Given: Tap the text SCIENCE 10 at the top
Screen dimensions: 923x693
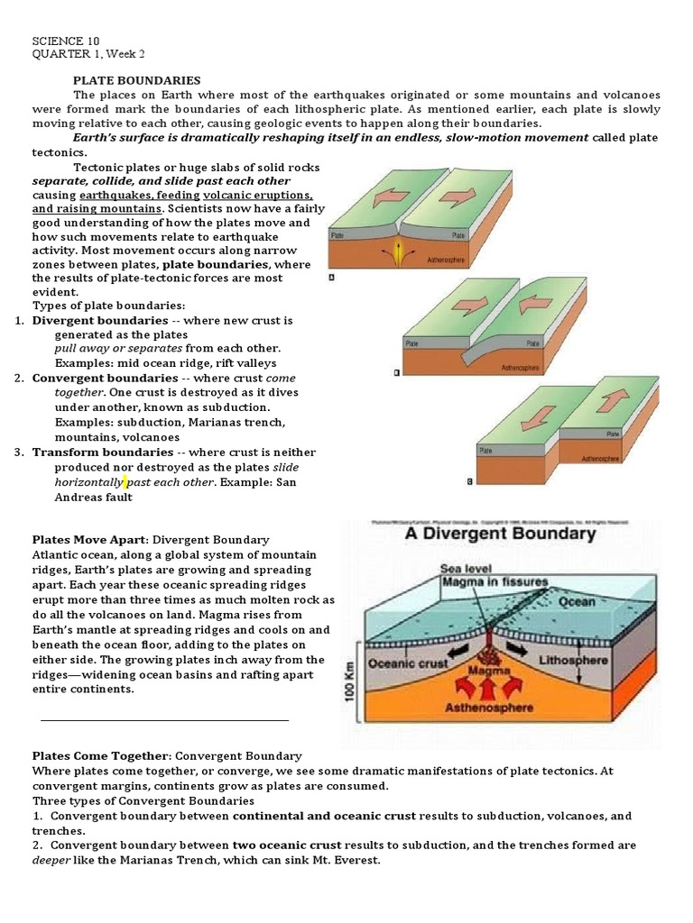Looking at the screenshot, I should tap(66, 41).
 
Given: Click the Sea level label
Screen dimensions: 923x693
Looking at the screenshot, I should tap(465, 568).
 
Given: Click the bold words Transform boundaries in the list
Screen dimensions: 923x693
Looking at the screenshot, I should tap(103, 452).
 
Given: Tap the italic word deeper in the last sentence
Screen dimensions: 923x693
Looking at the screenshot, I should tap(50, 859).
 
